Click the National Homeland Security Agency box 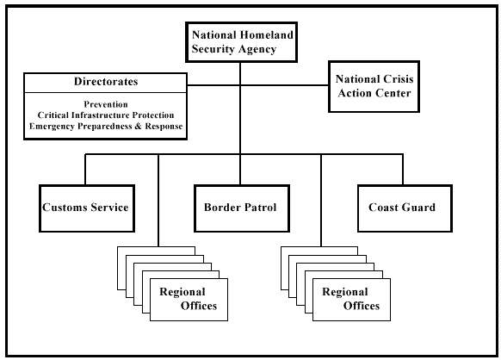[242, 42]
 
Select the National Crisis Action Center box [374, 86]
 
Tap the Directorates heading [106, 82]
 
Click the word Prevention [106, 104]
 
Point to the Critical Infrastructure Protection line [106, 115]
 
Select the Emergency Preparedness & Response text [106, 126]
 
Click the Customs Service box [87, 208]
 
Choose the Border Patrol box [242, 208]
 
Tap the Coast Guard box [405, 208]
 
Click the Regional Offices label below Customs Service [189, 299]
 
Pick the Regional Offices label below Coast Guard [351, 299]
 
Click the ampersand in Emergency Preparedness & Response [138, 126]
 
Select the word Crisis [399, 79]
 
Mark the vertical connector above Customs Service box [85, 170]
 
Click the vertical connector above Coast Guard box [403, 170]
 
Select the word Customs [65, 208]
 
